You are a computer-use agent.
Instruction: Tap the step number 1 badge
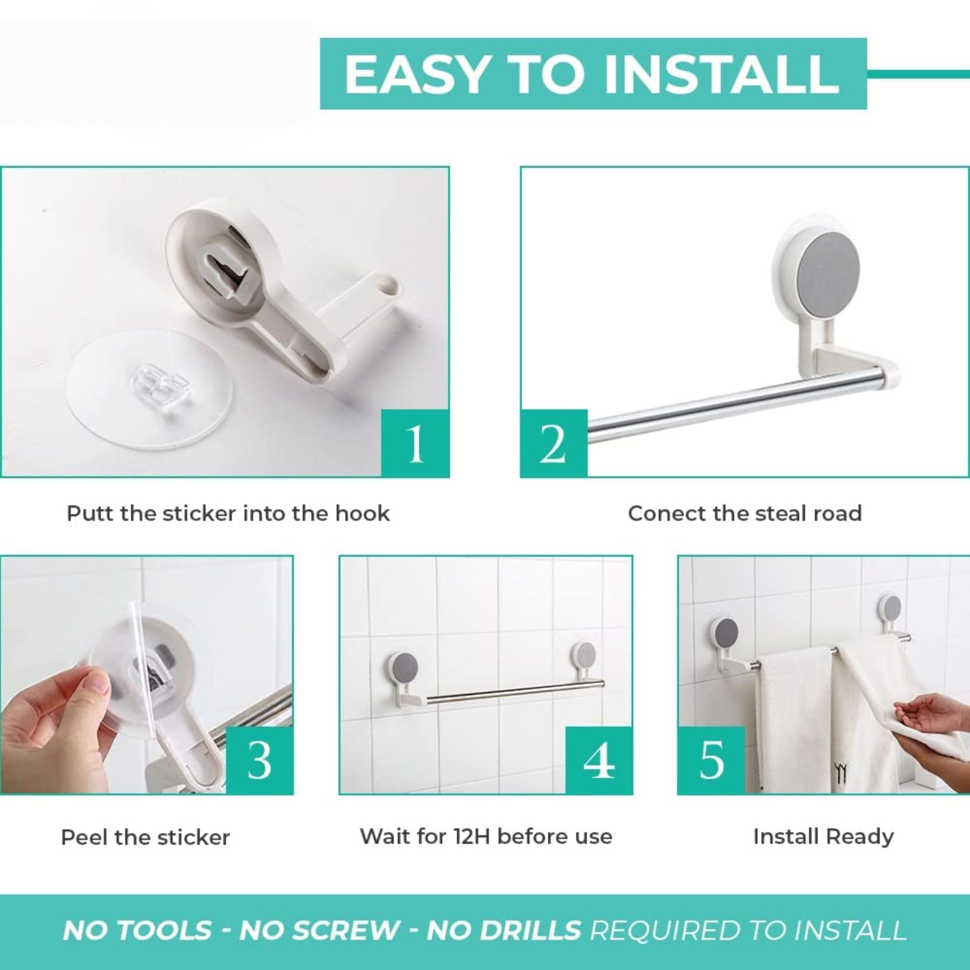[415, 444]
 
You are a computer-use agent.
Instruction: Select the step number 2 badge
[554, 444]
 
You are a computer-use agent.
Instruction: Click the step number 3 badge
[259, 760]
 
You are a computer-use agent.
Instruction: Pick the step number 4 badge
[599, 760]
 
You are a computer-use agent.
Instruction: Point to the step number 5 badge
[711, 760]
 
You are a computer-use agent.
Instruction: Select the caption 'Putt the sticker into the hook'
[228, 513]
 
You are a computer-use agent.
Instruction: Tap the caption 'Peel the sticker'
[145, 837]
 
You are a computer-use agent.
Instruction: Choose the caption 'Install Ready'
[823, 836]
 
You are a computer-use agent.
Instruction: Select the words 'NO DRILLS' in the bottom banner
[504, 930]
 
